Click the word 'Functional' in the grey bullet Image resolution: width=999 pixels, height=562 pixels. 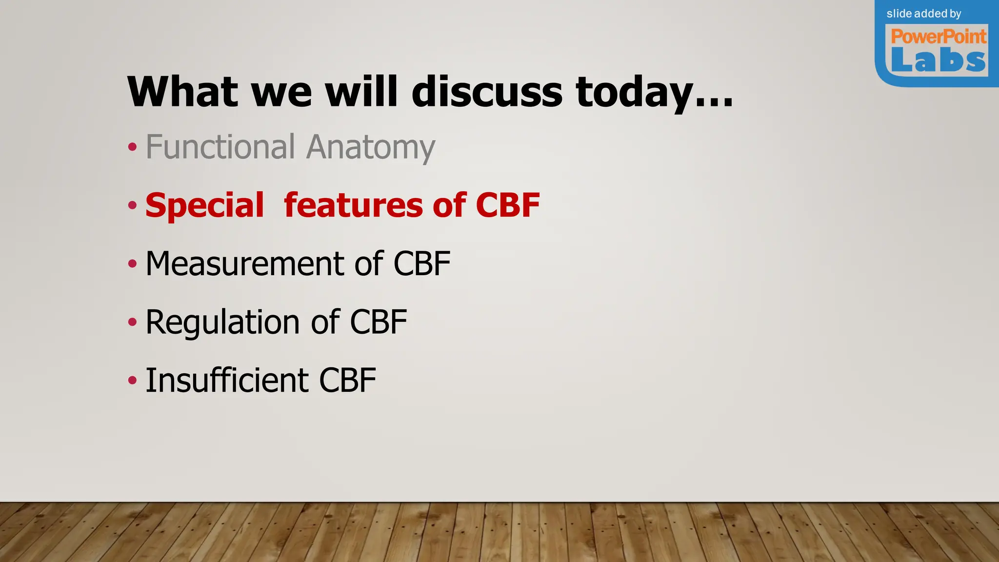(x=220, y=147)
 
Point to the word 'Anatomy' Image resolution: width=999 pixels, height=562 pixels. (x=371, y=148)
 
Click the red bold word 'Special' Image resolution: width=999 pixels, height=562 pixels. (x=204, y=205)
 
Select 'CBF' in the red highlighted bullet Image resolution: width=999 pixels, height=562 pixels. (x=508, y=205)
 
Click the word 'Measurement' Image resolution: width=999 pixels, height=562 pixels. (x=245, y=264)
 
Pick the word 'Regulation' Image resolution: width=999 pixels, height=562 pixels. (x=223, y=322)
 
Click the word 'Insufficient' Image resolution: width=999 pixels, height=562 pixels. (x=227, y=381)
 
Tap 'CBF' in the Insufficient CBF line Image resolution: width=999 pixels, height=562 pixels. (x=347, y=381)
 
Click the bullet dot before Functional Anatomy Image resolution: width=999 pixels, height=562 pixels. (x=132, y=147)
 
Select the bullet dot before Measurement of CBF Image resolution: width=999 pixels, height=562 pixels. (x=132, y=264)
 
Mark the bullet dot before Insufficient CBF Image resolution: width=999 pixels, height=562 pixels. (x=132, y=380)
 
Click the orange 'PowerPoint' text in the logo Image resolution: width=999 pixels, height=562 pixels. (x=939, y=37)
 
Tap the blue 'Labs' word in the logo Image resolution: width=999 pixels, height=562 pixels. (x=939, y=60)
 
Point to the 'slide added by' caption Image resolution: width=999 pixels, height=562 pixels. (x=924, y=14)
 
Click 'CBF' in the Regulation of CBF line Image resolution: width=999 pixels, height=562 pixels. (x=379, y=322)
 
